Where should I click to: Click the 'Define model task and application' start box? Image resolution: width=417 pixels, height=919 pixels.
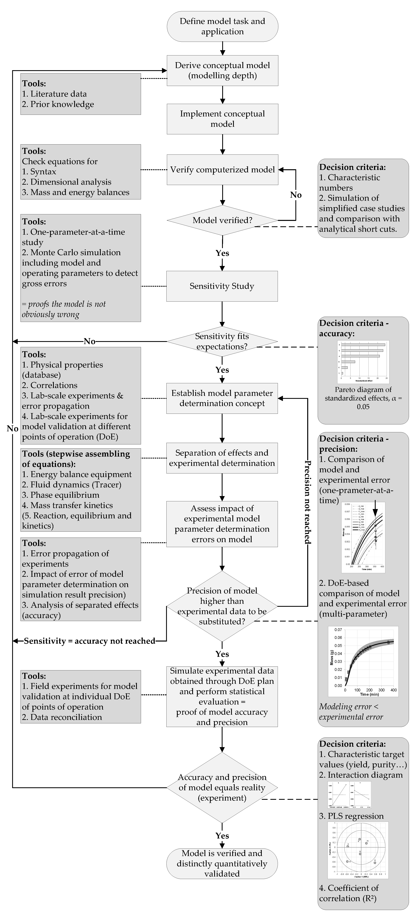222,26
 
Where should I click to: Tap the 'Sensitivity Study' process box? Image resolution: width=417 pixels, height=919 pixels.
222,286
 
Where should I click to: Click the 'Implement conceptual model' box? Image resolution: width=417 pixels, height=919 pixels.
222,119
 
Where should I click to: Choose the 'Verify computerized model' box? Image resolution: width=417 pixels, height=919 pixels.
222,170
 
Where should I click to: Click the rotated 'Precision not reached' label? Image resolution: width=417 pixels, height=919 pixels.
307,502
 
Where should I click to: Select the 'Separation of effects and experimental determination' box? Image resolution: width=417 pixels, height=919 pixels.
222,458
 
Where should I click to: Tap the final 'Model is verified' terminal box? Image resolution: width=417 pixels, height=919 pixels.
222,863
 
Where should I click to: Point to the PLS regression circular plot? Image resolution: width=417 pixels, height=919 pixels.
358,850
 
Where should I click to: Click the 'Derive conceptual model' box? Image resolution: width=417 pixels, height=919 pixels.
222,70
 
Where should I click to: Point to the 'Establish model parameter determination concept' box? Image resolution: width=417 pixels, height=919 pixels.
222,398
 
